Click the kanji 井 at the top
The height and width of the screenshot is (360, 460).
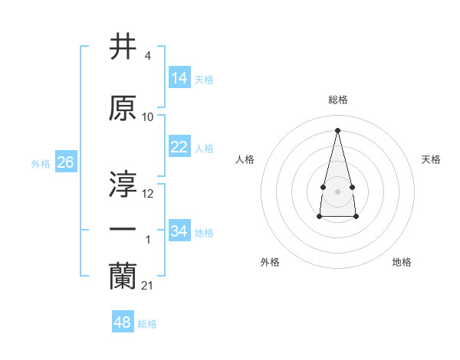pos(123,47)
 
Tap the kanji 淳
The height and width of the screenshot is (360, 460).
pos(123,184)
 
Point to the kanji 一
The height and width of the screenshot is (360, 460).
pos(123,231)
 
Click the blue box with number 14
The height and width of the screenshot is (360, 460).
pos(179,78)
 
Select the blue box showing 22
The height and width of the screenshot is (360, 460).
pos(179,147)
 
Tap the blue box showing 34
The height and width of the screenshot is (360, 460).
pos(179,231)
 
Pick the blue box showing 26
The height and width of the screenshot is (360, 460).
pos(65,162)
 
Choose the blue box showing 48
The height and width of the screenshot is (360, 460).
pos(123,322)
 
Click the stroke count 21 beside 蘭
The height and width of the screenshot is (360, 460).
pos(147,286)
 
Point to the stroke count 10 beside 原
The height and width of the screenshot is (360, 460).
pos(148,117)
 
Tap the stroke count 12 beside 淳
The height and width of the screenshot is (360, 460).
pos(148,193)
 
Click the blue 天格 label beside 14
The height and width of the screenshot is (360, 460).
pos(204,80)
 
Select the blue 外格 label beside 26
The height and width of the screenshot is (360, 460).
pos(41,164)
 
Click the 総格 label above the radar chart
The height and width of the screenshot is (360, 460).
pos(337,100)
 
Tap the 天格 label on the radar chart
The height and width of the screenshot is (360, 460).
pos(431,159)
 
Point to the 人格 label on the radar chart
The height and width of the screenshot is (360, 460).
pos(245,159)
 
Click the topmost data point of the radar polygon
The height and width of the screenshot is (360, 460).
pos(337,130)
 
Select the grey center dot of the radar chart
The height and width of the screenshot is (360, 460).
pos(337,191)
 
